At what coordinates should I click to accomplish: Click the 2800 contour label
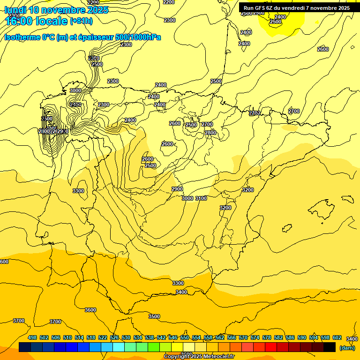(210, 133)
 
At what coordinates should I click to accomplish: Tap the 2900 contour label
(177, 189)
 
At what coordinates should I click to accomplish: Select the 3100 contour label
(201, 198)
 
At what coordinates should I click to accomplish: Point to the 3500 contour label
(154, 316)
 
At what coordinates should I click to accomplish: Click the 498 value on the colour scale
(32, 337)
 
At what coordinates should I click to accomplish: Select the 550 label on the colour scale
(184, 337)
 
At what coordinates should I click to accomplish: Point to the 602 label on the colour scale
(337, 337)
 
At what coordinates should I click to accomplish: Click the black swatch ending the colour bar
(330, 347)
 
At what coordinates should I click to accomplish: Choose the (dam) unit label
(347, 348)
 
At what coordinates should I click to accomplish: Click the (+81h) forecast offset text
(81, 21)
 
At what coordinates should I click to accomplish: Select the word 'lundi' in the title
(15, 10)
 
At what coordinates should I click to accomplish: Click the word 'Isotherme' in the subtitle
(22, 37)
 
